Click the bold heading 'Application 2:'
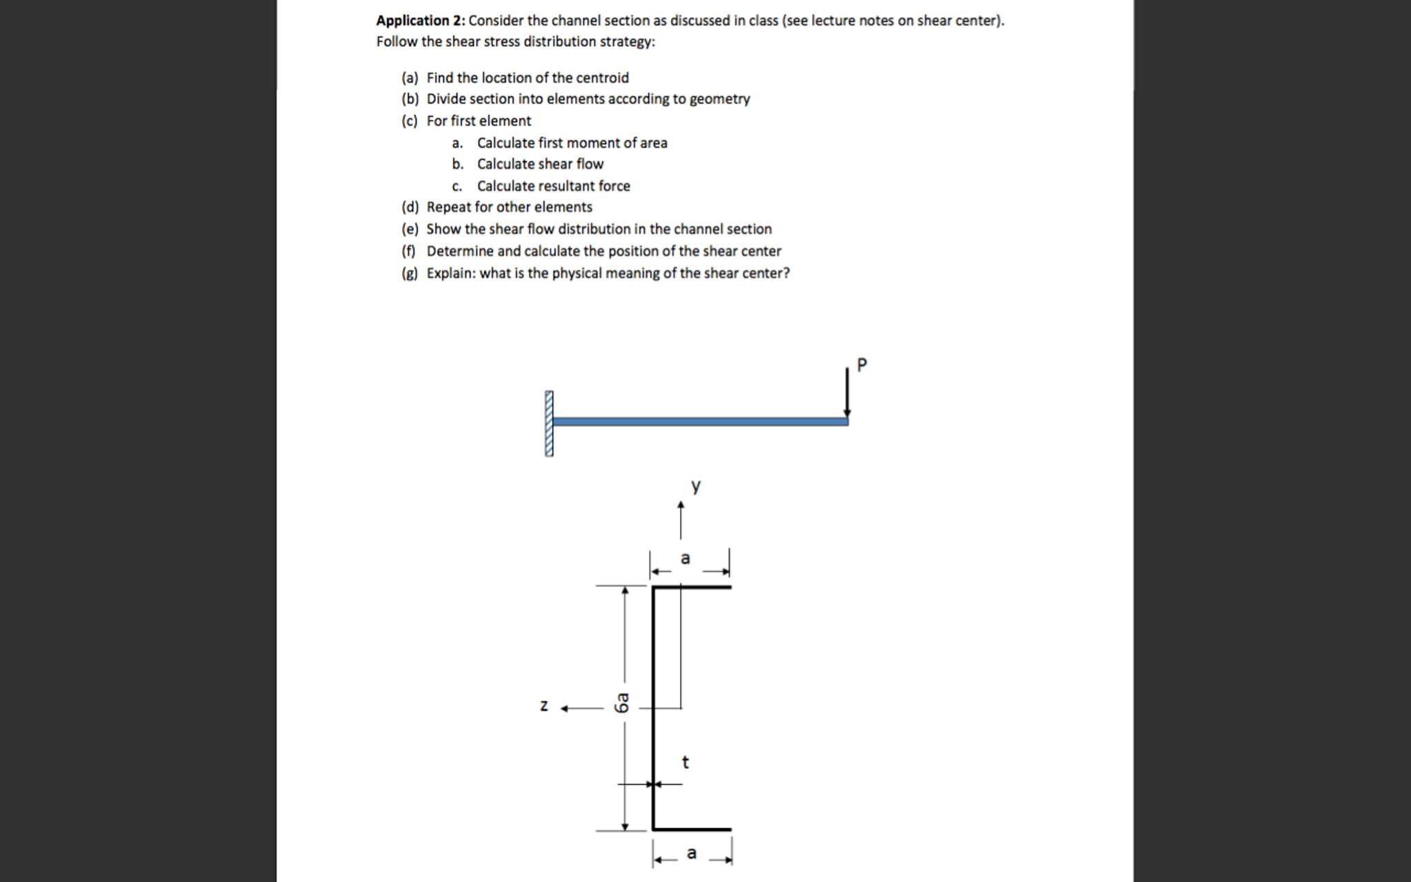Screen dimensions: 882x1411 point(420,21)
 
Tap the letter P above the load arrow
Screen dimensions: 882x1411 point(861,365)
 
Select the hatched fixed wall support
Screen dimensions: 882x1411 point(549,423)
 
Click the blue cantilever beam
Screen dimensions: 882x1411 point(700,421)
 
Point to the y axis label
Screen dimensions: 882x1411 point(696,486)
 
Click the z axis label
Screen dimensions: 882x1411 point(544,706)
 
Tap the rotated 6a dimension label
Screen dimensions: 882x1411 point(623,703)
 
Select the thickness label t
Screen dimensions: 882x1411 point(685,762)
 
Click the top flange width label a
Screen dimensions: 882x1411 point(685,558)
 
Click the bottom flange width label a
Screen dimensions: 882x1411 point(692,853)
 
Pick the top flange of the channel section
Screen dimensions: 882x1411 point(692,587)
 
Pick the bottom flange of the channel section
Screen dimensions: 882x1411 point(692,829)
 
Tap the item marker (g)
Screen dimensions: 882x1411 point(410,273)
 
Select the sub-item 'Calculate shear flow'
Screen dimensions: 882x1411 point(540,164)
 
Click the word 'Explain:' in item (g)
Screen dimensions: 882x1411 point(450,273)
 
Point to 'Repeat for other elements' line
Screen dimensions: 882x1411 point(509,207)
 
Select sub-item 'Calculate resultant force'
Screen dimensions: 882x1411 point(553,186)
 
